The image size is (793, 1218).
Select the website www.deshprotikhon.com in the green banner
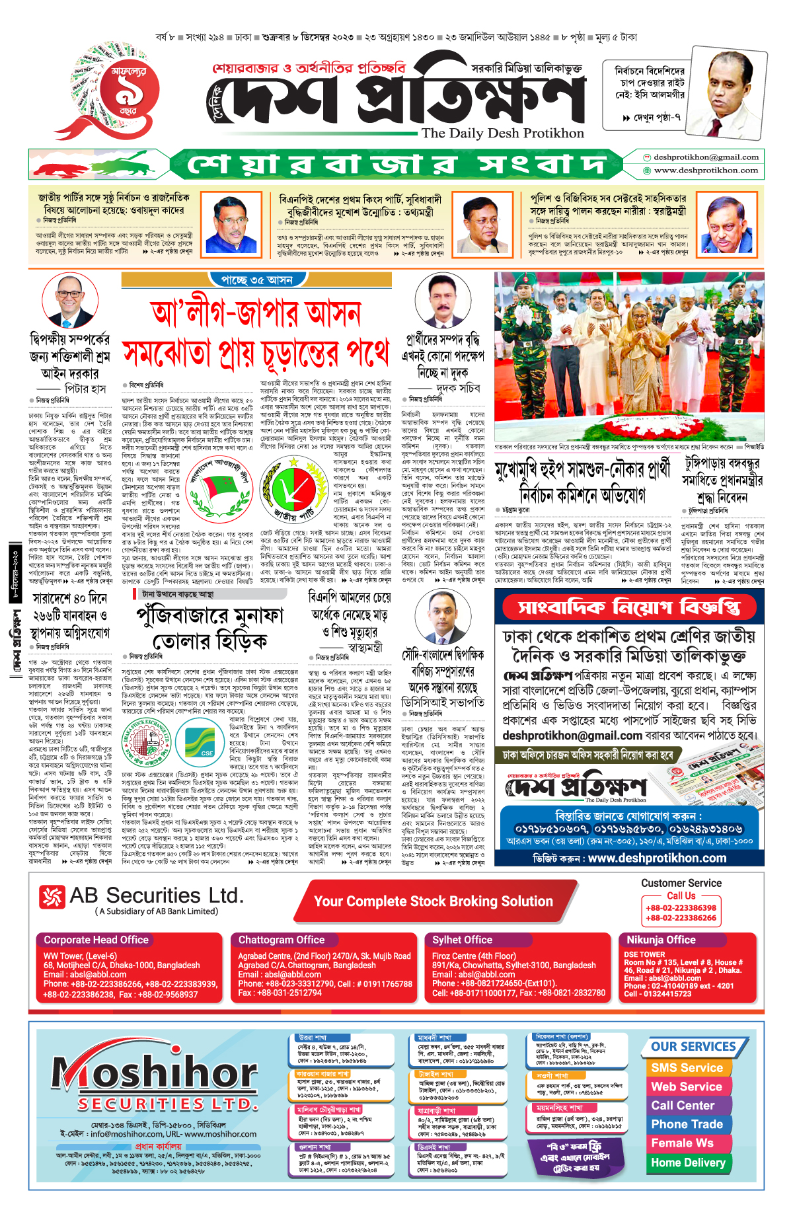(706, 170)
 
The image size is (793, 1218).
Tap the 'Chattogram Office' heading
(282, 940)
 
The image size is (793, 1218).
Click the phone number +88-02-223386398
(681, 908)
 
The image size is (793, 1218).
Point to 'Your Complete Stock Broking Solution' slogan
(434, 901)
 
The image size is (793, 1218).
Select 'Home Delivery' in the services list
(688, 1162)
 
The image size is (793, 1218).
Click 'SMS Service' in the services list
(687, 1068)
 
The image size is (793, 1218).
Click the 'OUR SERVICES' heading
(693, 1047)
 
